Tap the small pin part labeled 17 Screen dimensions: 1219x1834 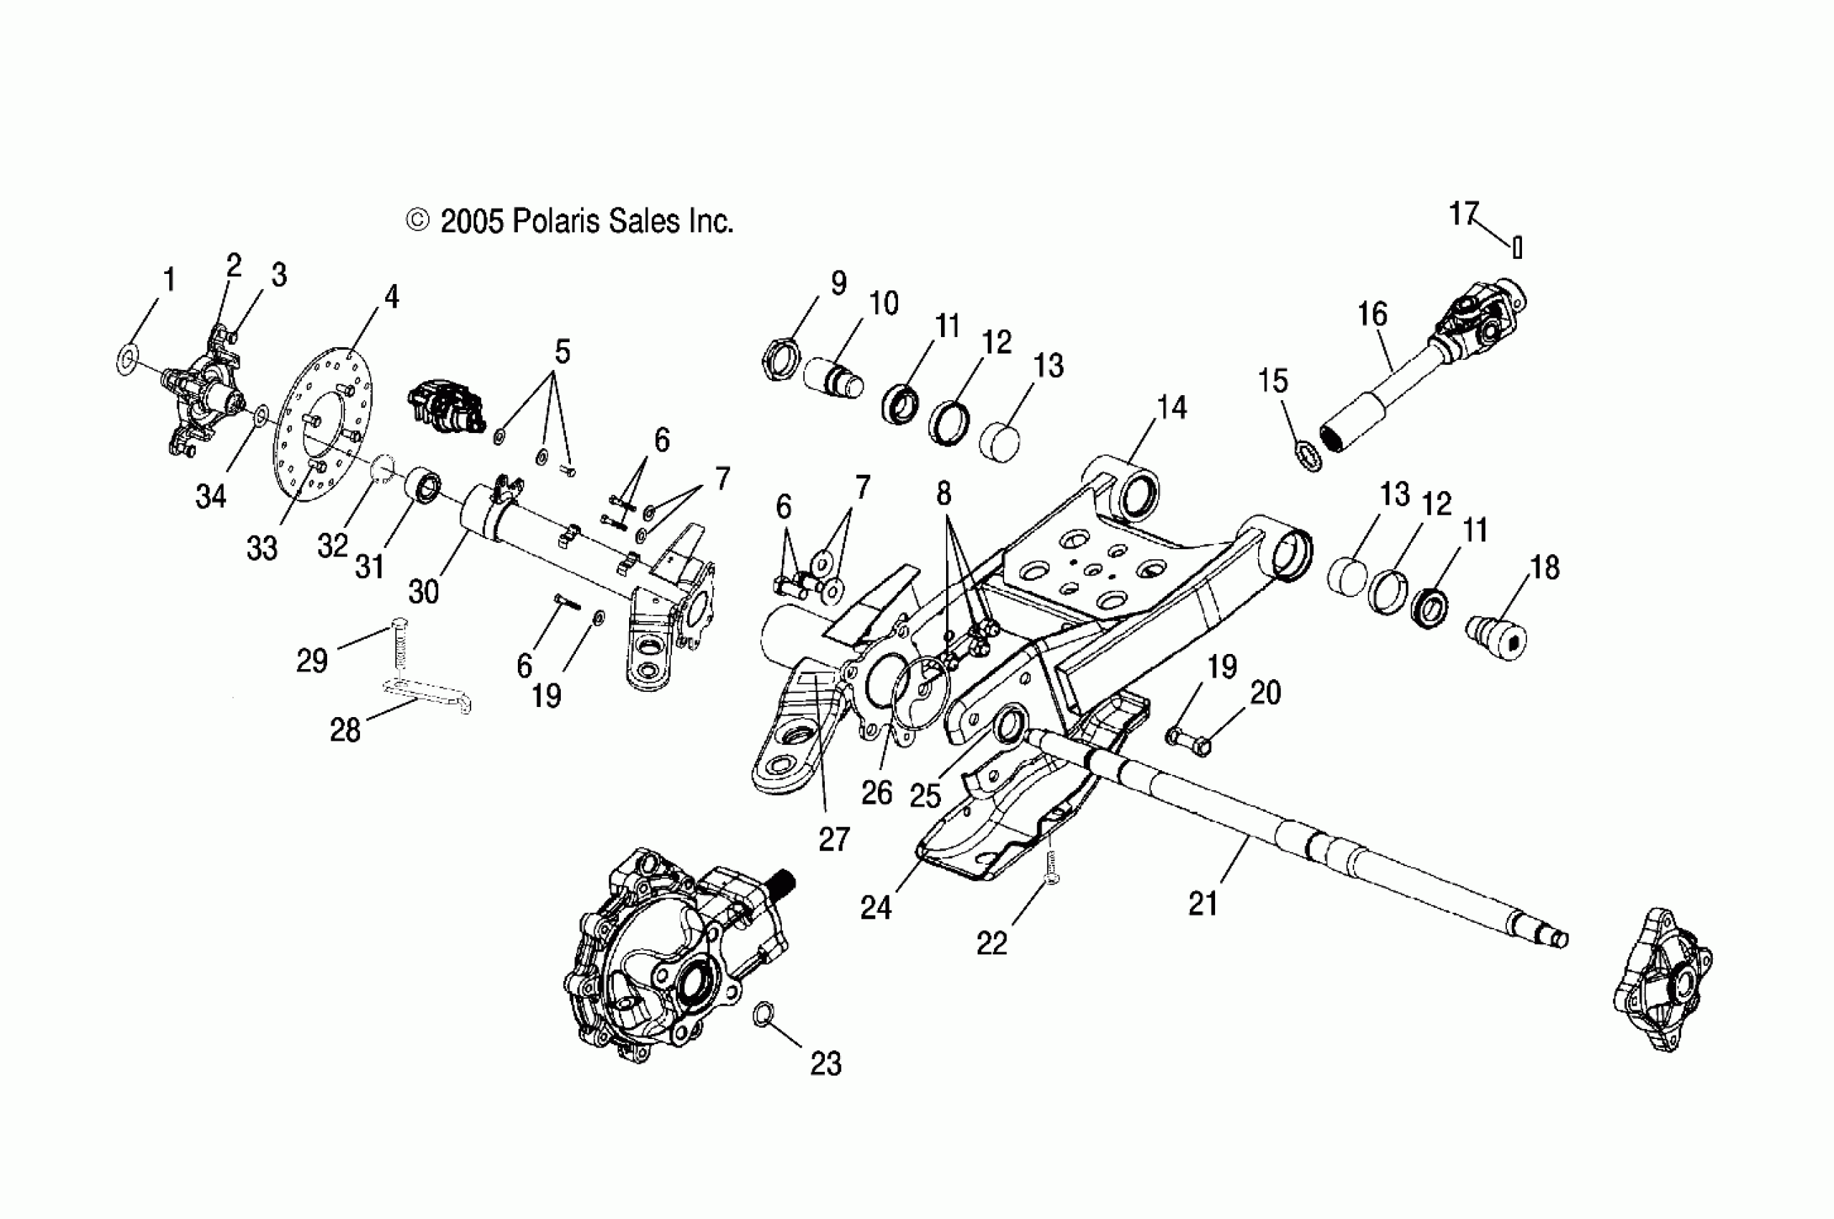point(1517,247)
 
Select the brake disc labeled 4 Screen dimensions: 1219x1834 point(324,424)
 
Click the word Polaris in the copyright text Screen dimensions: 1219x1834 point(556,222)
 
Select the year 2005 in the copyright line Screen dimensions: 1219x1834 point(472,222)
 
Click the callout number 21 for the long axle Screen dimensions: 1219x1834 point(1203,903)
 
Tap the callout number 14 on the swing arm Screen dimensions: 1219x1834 point(1171,407)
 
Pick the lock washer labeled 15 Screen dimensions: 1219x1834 point(1310,455)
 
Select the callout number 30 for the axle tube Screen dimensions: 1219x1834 point(424,592)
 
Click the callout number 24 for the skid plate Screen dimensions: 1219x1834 point(876,908)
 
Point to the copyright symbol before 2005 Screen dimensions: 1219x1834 point(417,222)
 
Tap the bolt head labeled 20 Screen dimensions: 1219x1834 point(1200,747)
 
